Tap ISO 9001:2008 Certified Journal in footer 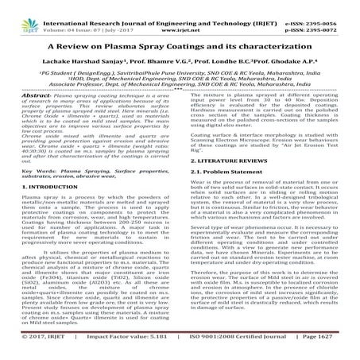point(243,346)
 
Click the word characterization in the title point(272,36)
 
